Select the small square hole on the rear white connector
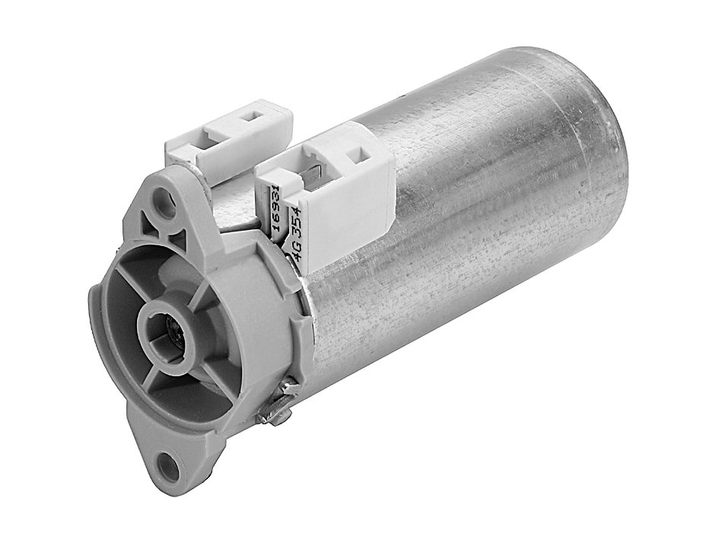(x=250, y=119)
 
